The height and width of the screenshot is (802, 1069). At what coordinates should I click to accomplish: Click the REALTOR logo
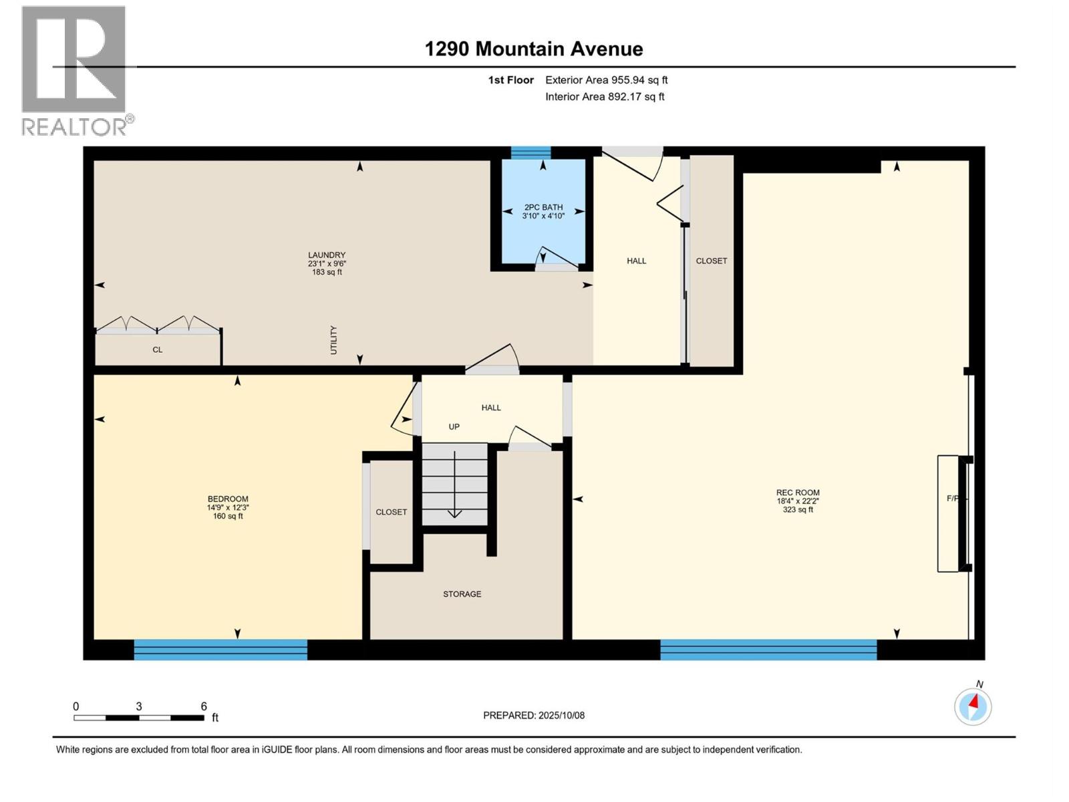[x=74, y=70]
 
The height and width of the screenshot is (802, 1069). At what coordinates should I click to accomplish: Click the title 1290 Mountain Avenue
[x=534, y=49]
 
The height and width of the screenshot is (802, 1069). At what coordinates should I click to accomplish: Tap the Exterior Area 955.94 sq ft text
[x=606, y=80]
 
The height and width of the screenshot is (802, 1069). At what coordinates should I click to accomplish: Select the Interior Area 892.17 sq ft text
[x=604, y=97]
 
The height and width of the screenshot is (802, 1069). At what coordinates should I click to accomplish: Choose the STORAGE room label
[x=462, y=594]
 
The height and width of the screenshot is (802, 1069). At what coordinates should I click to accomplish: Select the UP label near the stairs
[x=454, y=427]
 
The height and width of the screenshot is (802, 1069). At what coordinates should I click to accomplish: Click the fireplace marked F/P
[x=952, y=513]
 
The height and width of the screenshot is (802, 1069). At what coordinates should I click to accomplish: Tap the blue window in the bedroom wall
[x=220, y=650]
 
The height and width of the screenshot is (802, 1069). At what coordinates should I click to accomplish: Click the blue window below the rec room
[x=768, y=650]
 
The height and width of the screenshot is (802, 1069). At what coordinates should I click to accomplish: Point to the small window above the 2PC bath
[x=530, y=153]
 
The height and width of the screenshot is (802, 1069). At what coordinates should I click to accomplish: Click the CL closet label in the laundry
[x=157, y=350]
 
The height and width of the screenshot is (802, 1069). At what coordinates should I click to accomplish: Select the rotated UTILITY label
[x=333, y=340]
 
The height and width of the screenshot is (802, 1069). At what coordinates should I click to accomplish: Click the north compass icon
[x=973, y=706]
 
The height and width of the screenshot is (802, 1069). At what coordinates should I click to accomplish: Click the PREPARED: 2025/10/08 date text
[x=534, y=715]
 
